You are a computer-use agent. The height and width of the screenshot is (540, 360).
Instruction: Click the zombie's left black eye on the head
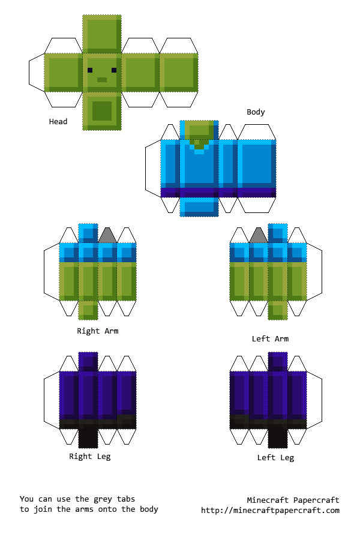coord(90,70)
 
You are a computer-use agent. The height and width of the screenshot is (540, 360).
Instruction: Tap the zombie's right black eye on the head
coord(114,70)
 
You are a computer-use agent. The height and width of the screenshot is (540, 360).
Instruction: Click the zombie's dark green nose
coord(102,80)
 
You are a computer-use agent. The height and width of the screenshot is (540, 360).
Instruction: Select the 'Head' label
coord(58,122)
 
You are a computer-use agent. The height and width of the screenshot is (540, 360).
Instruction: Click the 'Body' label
coord(256,112)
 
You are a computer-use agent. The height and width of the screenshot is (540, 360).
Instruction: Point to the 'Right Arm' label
coord(97,331)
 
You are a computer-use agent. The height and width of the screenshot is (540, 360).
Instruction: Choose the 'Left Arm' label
coord(270,339)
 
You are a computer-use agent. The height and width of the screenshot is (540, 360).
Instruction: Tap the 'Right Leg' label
coord(90,457)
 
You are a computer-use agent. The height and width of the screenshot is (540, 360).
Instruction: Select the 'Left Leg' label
coord(275,458)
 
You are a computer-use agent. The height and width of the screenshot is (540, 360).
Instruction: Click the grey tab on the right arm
coord(107,236)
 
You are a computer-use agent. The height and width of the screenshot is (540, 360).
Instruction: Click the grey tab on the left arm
coord(259,236)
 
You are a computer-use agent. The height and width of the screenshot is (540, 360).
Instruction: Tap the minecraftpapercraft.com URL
coord(270,511)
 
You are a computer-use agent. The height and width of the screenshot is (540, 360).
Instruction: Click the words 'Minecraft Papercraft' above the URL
coord(293,500)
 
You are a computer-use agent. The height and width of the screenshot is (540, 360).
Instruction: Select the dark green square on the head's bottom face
coord(102,111)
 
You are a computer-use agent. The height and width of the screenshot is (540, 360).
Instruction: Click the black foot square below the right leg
coord(88,437)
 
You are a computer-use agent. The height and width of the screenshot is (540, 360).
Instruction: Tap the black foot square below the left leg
coord(278,437)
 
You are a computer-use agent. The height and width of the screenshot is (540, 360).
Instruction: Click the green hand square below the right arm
coord(88,310)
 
